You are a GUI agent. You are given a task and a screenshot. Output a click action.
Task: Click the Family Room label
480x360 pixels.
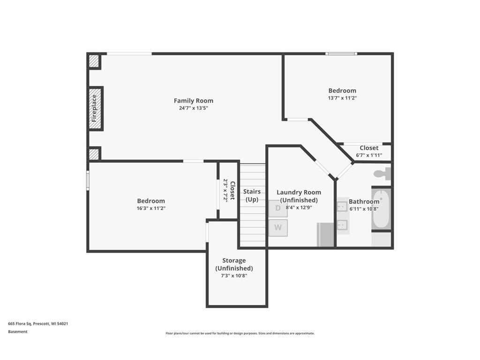[x=193, y=100]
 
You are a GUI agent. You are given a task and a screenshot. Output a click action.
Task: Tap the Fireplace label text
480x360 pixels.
[x=94, y=108]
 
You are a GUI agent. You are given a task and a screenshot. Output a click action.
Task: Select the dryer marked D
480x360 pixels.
[x=278, y=208]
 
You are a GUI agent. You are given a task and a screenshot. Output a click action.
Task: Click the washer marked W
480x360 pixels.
[x=278, y=228]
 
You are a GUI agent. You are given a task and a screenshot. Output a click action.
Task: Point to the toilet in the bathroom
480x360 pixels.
[x=383, y=173]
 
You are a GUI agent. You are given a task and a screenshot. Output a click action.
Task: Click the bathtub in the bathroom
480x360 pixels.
[x=381, y=209]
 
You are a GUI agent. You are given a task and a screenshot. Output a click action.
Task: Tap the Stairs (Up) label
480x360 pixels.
[x=252, y=195]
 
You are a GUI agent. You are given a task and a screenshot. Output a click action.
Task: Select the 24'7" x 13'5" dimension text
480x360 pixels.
[x=193, y=108]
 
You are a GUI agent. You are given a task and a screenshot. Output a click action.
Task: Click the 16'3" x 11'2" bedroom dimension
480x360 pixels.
[x=151, y=208]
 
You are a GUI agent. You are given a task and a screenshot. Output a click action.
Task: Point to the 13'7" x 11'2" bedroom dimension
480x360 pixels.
[x=342, y=98]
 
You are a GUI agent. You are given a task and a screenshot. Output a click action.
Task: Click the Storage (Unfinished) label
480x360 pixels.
[x=234, y=264]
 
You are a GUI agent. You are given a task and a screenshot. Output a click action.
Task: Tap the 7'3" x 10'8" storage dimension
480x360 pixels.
[x=234, y=276]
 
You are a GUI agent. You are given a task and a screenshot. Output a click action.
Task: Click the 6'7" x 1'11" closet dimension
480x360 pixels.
[x=369, y=155]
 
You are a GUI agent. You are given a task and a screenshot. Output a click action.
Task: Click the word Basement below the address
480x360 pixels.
[x=18, y=331]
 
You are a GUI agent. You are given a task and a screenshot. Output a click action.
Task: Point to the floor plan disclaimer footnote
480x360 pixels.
[x=240, y=333]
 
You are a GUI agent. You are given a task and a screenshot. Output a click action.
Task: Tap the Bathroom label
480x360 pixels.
[x=364, y=202]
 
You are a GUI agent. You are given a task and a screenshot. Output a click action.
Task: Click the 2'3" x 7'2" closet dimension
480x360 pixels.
[x=225, y=190]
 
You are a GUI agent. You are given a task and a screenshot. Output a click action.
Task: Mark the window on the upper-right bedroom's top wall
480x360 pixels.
[x=342, y=53]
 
